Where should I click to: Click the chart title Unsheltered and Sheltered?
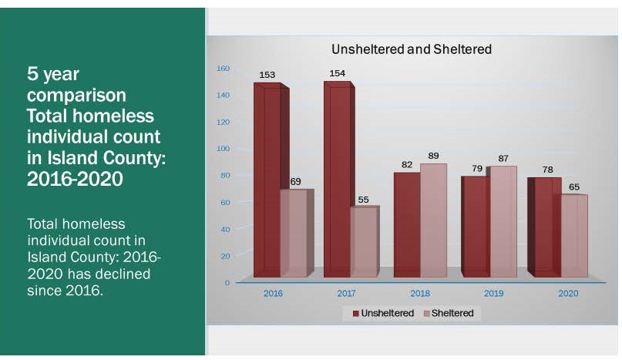[x=411, y=49]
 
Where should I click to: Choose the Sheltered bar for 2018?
[x=432, y=220]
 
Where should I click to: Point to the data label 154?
[x=338, y=73]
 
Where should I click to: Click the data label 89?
[x=434, y=155]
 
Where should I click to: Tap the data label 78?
[x=544, y=169]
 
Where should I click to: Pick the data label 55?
[x=365, y=199]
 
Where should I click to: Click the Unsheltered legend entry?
[x=383, y=313]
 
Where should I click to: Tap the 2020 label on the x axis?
[x=568, y=294]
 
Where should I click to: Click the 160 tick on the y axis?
[x=223, y=69]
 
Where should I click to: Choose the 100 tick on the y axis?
[x=223, y=149]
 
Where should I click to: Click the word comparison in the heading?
[x=76, y=96]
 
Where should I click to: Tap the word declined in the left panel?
[x=123, y=274]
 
